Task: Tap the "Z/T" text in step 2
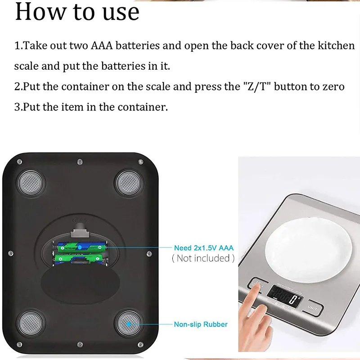coord(255,86)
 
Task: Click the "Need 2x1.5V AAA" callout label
coord(203,248)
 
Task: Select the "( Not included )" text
coord(203,258)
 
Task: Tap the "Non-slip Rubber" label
coord(201,324)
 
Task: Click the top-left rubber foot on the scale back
coord(31,182)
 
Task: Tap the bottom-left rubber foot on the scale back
coord(31,323)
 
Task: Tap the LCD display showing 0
coord(283,299)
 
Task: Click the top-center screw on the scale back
coord(80,162)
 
